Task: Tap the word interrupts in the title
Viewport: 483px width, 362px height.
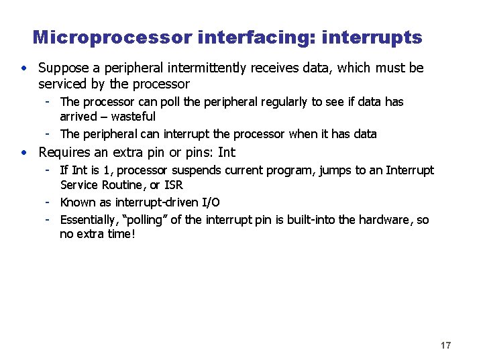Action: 372,38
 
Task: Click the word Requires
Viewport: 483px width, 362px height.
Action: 64,152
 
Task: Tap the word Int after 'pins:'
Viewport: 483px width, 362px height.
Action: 227,152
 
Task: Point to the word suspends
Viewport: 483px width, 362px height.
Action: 194,170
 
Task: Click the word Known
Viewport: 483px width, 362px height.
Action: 78,202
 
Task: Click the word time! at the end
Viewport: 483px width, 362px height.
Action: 121,235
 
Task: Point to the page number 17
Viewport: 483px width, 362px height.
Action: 446,345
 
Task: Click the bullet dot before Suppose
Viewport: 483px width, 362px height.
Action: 24,68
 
